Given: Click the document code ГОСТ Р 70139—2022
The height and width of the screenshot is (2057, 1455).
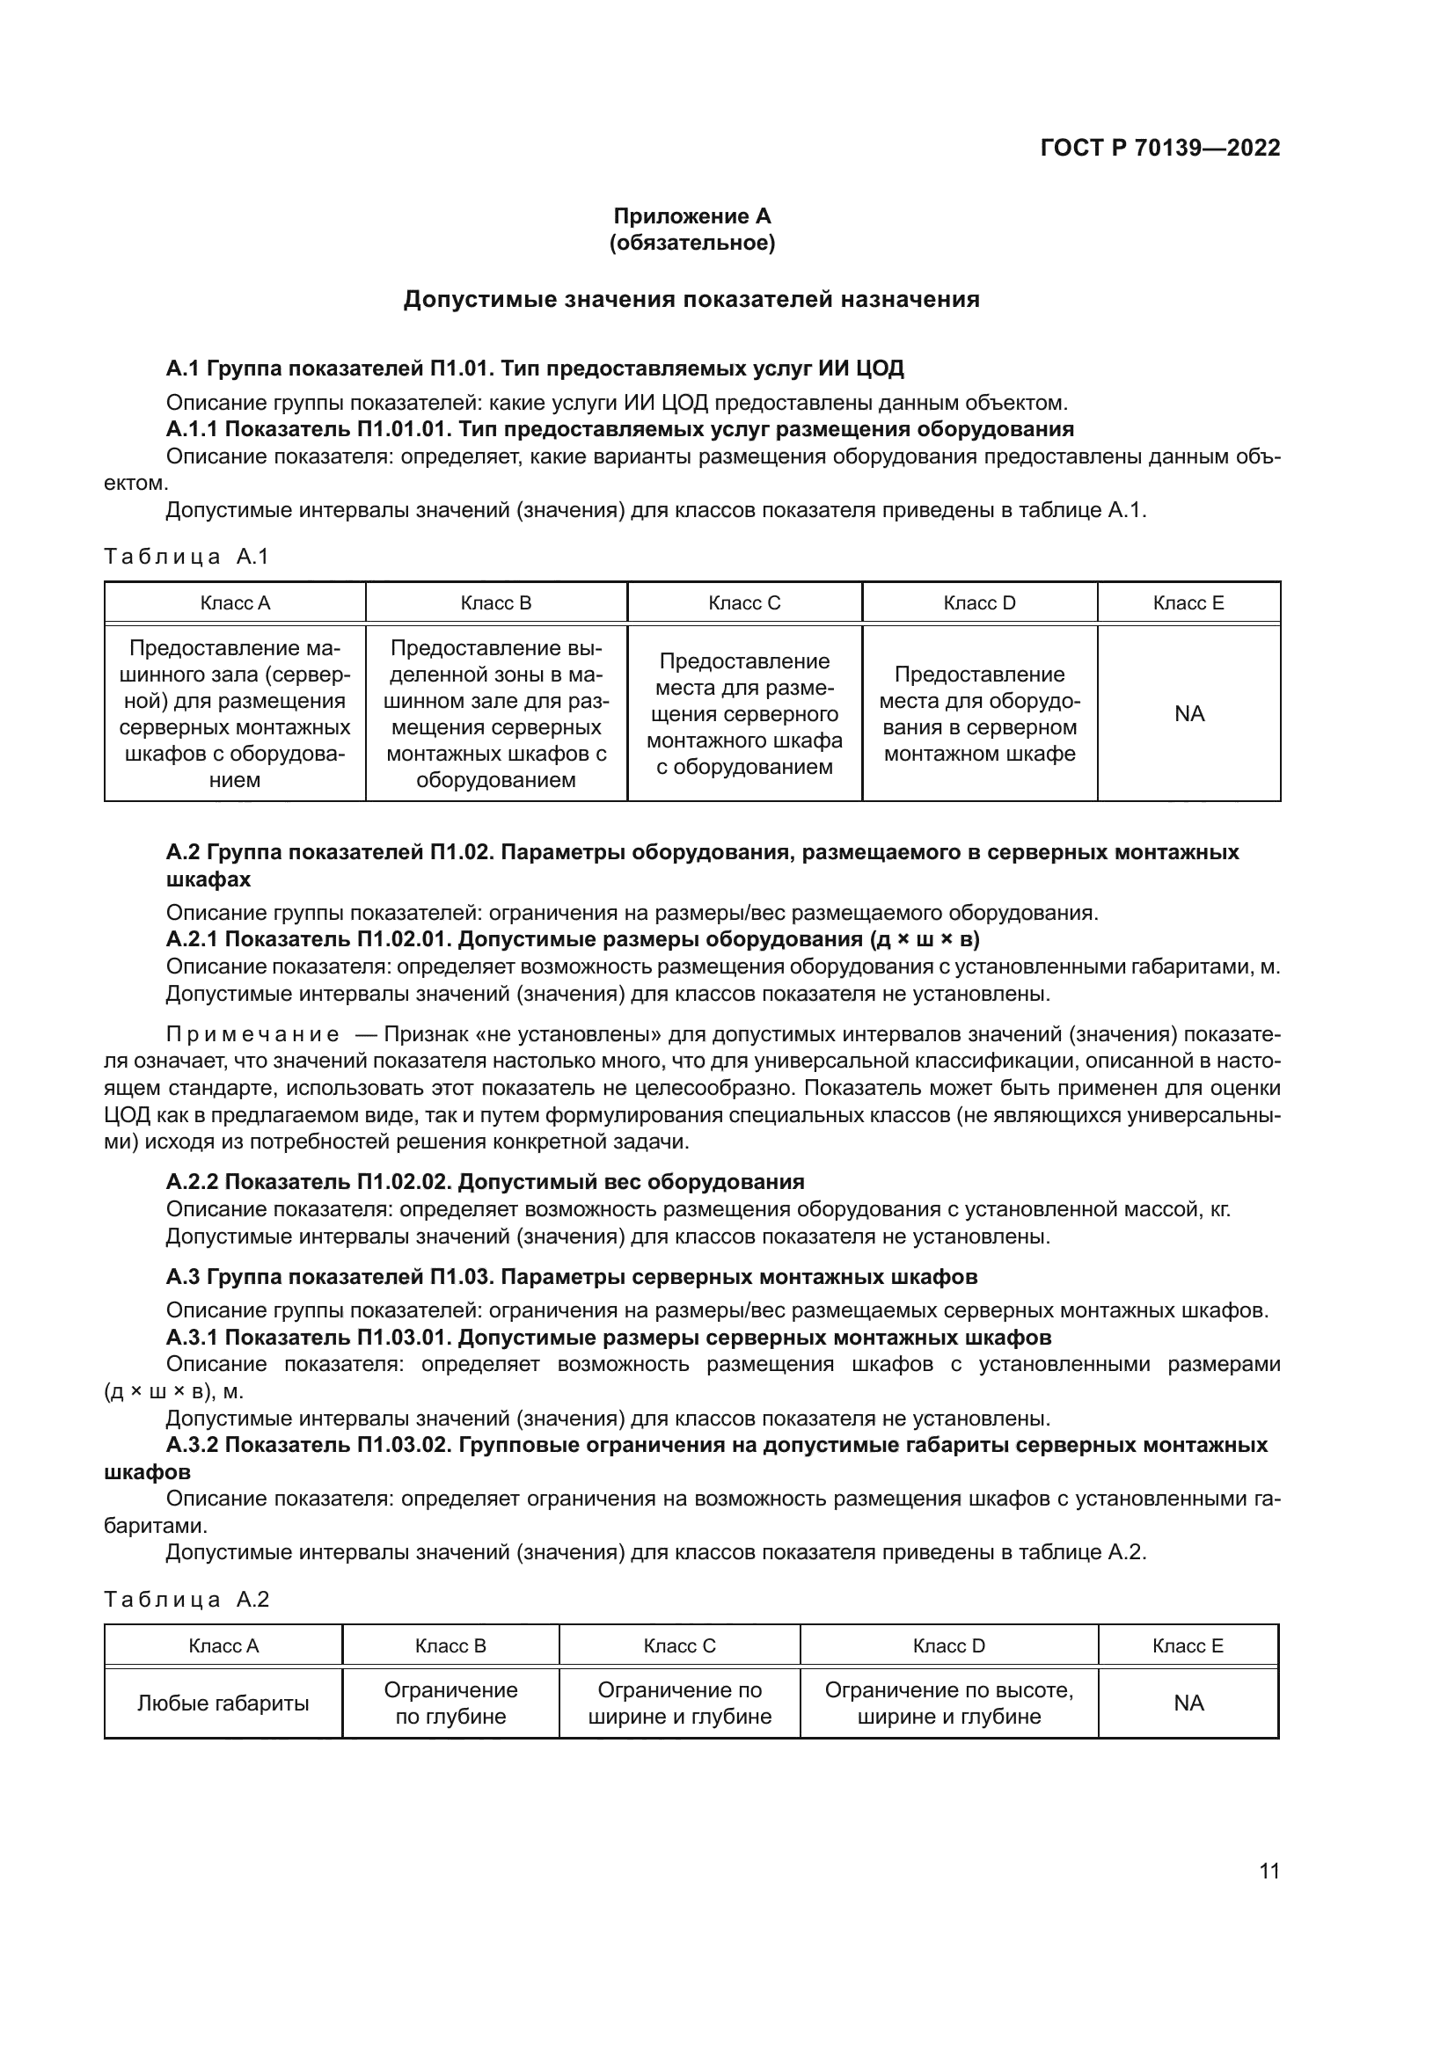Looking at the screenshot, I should (x=1159, y=148).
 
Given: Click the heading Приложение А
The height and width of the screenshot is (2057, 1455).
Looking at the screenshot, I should (x=691, y=216).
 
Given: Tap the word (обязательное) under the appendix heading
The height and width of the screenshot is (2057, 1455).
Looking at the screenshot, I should (x=691, y=243).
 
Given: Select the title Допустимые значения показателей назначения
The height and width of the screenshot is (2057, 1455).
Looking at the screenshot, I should (x=691, y=299).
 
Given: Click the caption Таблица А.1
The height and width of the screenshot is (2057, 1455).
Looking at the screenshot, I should (x=186, y=557).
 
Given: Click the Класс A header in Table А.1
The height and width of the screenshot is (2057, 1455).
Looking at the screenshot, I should (x=235, y=603).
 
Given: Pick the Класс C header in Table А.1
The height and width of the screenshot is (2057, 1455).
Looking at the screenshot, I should (x=743, y=603).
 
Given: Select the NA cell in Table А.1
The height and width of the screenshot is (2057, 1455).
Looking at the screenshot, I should (x=1189, y=713).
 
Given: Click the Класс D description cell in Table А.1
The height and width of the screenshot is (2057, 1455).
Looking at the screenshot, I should (x=979, y=713).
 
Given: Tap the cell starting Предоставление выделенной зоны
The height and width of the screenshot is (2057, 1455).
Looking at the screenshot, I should (x=495, y=713).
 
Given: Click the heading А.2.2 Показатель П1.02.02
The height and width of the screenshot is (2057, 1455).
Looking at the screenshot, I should (x=485, y=1182).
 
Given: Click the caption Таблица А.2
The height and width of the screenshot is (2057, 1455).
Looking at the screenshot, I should (x=186, y=1599).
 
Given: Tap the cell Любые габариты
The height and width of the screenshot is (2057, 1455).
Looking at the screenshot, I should (x=223, y=1703).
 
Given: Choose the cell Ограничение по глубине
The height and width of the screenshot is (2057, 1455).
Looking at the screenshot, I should (x=450, y=1703).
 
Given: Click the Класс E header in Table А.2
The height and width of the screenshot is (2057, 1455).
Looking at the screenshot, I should (x=1187, y=1645).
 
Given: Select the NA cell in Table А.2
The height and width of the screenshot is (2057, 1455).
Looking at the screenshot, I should (x=1188, y=1703).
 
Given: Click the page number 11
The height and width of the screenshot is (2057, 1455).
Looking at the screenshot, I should (x=1269, y=1871).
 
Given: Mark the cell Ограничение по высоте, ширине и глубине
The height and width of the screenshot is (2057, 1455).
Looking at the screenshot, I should (x=949, y=1703).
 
